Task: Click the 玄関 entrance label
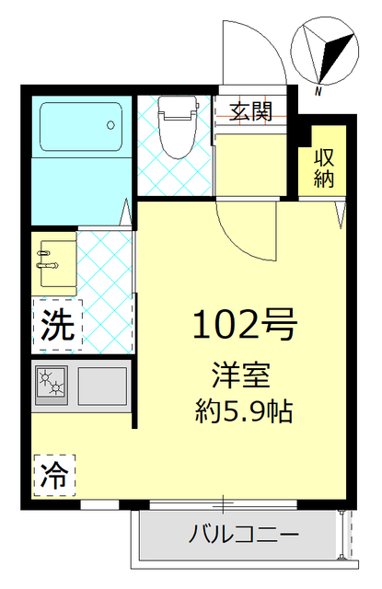249,112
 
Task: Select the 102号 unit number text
243,325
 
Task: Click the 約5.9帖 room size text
243,411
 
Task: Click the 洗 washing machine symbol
56,324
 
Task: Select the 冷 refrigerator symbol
55,475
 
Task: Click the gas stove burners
52,383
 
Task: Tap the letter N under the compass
317,90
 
